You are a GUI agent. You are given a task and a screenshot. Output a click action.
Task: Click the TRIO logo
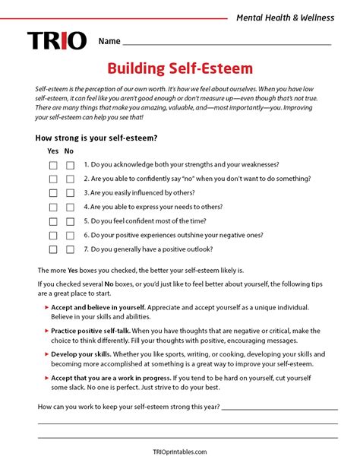pyautogui.click(x=57, y=41)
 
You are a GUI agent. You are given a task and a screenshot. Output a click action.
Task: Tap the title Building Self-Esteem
pyautogui.click(x=179, y=69)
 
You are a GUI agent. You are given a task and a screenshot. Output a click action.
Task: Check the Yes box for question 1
pyautogui.click(x=53, y=165)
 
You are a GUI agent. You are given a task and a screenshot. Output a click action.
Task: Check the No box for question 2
pyautogui.click(x=70, y=179)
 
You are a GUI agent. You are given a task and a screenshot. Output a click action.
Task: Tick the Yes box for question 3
pyautogui.click(x=53, y=193)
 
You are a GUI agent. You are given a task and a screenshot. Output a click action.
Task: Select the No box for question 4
pyautogui.click(x=70, y=207)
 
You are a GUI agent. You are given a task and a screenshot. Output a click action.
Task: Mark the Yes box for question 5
pyautogui.click(x=53, y=221)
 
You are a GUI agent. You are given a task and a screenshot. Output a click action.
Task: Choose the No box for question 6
pyautogui.click(x=70, y=235)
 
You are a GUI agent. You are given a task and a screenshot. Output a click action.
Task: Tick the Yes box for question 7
pyautogui.click(x=53, y=249)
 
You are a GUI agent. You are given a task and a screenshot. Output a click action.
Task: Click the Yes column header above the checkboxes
pyautogui.click(x=52, y=151)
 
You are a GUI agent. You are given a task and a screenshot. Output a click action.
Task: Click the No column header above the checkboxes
pyautogui.click(x=69, y=151)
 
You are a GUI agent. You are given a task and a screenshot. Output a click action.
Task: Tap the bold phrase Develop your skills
pyautogui.click(x=82, y=353)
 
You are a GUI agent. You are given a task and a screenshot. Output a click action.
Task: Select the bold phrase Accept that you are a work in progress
pyautogui.click(x=109, y=377)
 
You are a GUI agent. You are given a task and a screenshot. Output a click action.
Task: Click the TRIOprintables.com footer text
pyautogui.click(x=179, y=452)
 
